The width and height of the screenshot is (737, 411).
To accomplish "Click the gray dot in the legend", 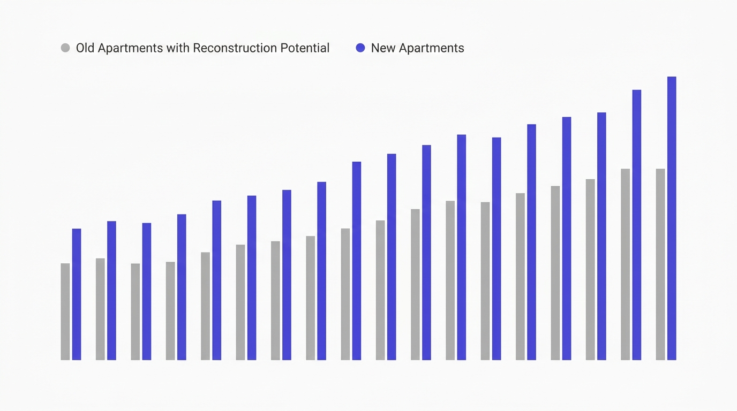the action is pyautogui.click(x=65, y=48).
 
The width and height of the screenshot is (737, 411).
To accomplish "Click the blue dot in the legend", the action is pyautogui.click(x=360, y=48).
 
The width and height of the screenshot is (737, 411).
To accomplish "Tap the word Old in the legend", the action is pyautogui.click(x=85, y=48).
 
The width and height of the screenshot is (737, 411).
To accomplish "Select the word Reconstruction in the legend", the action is pyautogui.click(x=235, y=48).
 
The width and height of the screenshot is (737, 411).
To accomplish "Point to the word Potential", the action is pyautogui.click(x=305, y=48).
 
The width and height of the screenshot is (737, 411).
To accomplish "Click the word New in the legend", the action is pyautogui.click(x=383, y=48).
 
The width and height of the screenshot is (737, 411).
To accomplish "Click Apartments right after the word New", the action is pyautogui.click(x=431, y=48).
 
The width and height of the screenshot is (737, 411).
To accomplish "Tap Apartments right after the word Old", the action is pyautogui.click(x=130, y=48).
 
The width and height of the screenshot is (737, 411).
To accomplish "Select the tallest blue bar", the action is pyautogui.click(x=672, y=218).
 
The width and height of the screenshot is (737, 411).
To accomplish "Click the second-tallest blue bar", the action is pyautogui.click(x=637, y=225).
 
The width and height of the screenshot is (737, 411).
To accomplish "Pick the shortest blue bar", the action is pyautogui.click(x=77, y=294).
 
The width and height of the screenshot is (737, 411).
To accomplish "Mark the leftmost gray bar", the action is pyautogui.click(x=65, y=311).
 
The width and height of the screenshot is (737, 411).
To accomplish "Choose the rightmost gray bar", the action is pyautogui.click(x=660, y=264).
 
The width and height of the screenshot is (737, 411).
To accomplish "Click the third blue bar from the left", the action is pyautogui.click(x=147, y=292).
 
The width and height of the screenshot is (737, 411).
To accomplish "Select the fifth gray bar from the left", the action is pyautogui.click(x=205, y=306).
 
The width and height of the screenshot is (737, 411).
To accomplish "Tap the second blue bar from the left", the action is pyautogui.click(x=111, y=291).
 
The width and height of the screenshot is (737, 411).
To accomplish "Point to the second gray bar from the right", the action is pyautogui.click(x=626, y=264).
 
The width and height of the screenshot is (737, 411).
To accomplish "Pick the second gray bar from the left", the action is pyautogui.click(x=100, y=309).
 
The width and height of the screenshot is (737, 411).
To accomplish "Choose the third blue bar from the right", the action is pyautogui.click(x=602, y=237).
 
